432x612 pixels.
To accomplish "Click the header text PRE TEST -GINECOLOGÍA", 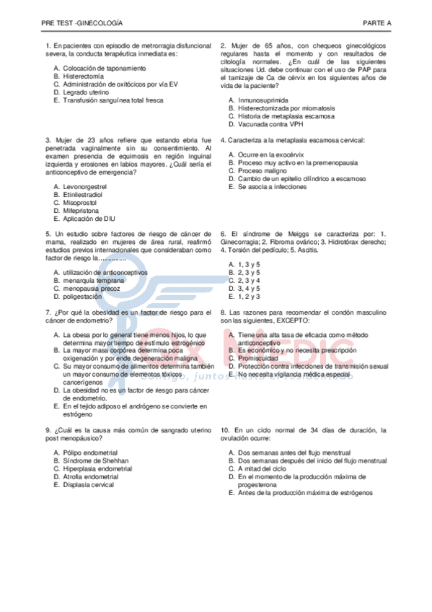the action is click(82, 24).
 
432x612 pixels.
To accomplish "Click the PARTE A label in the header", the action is click(377, 24).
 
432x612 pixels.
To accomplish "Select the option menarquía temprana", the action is click(93, 280).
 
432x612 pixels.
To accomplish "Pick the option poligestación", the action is click(82, 296).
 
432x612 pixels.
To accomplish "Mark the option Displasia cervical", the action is click(88, 484).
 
